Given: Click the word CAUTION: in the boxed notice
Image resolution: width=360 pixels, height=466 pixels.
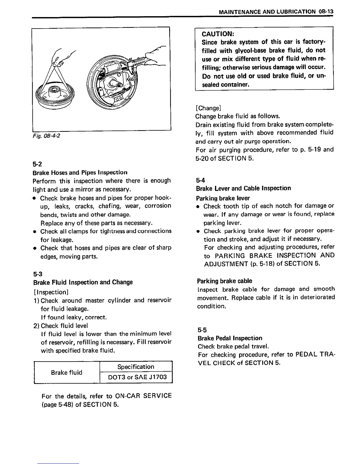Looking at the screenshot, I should click(218, 33).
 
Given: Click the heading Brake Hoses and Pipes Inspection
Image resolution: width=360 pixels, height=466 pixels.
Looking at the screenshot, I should click(80, 172).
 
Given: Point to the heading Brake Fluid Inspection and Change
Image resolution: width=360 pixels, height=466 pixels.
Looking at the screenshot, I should click(83, 282).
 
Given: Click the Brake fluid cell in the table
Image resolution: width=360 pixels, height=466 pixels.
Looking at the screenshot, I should click(66, 372).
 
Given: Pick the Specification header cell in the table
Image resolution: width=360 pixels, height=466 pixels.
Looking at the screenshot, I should click(136, 367).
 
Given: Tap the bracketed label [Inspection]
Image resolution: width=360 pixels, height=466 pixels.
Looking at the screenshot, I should click(51, 292).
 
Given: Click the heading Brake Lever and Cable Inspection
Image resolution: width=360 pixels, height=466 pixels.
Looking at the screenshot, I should click(243, 188).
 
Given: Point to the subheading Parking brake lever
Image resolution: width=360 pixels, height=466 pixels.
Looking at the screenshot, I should click(223, 198).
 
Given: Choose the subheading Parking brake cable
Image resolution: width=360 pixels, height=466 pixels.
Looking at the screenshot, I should click(225, 281).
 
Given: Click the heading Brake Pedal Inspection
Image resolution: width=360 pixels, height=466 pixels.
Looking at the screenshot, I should click(230, 338).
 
